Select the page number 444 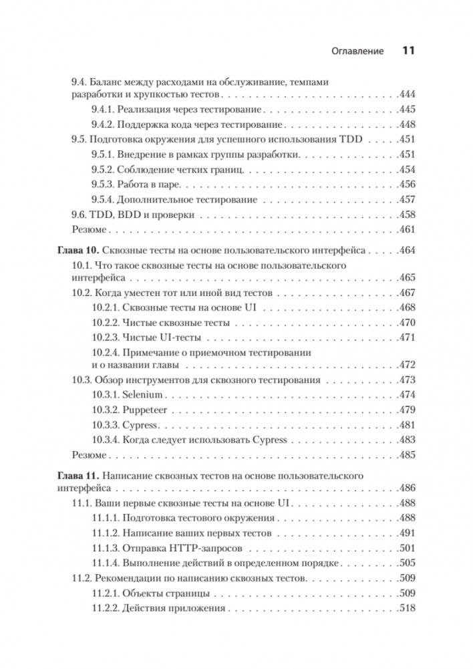click(406, 95)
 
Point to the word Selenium click(143, 395)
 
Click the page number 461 click(406, 230)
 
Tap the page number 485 click(406, 455)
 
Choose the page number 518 click(406, 609)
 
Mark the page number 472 click(406, 365)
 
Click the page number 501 click(406, 549)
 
